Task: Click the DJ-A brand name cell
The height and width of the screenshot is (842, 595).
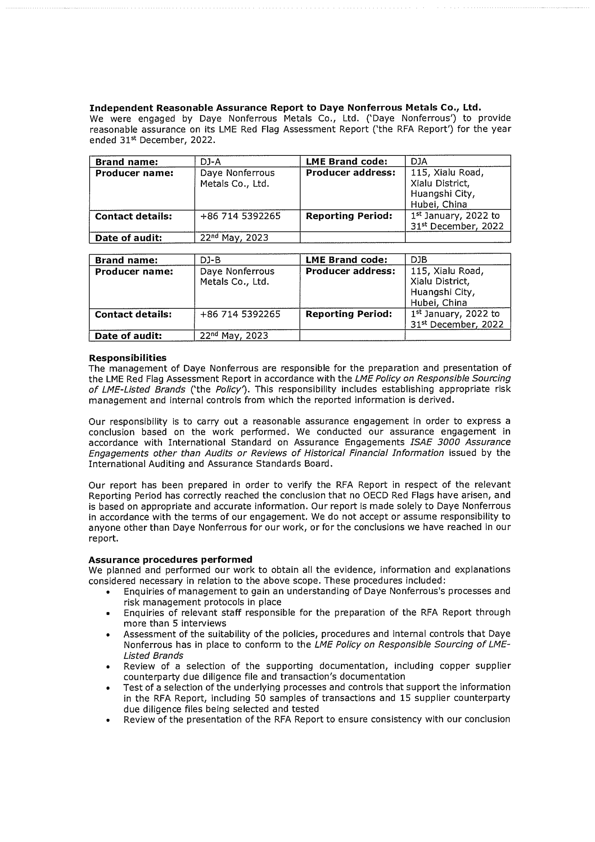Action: tap(210, 162)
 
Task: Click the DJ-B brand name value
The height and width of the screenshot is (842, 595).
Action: tap(210, 260)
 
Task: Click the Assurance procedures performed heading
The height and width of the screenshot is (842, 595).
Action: tap(170, 559)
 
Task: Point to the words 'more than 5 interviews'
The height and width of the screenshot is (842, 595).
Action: tap(175, 624)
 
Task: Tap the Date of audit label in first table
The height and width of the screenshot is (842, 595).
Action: tap(128, 238)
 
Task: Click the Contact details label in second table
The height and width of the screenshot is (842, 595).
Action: tap(133, 314)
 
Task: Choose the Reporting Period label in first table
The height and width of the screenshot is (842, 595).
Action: tap(349, 216)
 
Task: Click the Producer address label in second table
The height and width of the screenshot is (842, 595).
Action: tap(350, 271)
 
